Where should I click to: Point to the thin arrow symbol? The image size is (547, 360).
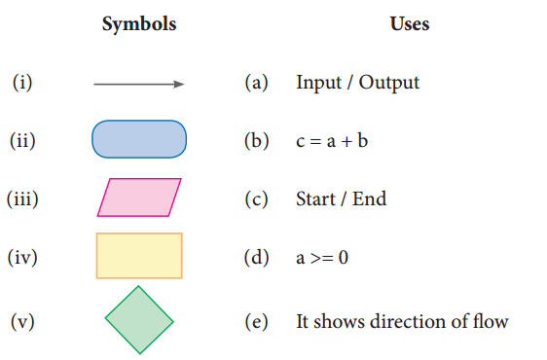point(138,84)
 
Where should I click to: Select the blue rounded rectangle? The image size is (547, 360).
point(138,140)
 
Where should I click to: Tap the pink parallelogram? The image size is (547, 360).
point(139,198)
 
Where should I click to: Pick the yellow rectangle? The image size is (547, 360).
point(139,256)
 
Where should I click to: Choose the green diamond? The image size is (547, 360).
point(139,319)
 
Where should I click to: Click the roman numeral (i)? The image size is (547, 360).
point(22,83)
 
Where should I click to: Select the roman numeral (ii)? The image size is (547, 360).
point(22,141)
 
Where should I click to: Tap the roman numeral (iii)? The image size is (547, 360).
point(22,199)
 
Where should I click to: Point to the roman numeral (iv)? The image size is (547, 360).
point(22,259)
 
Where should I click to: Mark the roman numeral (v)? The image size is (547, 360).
point(22,321)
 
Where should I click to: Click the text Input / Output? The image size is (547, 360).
point(357,83)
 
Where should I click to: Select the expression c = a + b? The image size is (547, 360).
point(331,141)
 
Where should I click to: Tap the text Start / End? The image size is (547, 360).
point(341,199)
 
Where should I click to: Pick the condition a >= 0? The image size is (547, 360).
point(322,259)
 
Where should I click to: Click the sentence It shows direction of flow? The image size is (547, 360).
point(402,321)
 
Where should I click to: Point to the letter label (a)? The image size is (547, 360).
point(256,83)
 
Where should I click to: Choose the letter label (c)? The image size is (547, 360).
point(256,199)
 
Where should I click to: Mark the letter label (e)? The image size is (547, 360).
point(256,321)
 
